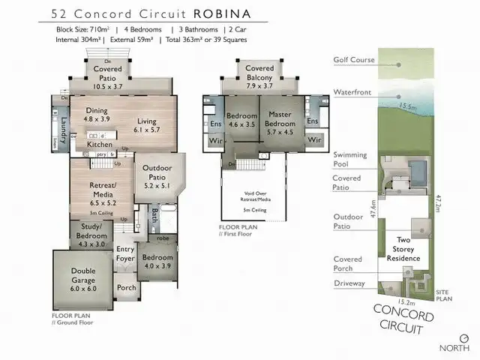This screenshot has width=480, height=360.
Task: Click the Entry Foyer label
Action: coord(124,254)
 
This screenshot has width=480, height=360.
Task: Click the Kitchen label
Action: coord(100,144)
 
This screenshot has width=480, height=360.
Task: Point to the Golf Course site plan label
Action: coord(349,61)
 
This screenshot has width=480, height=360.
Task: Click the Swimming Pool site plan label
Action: coord(350,159)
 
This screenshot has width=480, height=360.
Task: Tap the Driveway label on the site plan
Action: coord(350,283)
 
